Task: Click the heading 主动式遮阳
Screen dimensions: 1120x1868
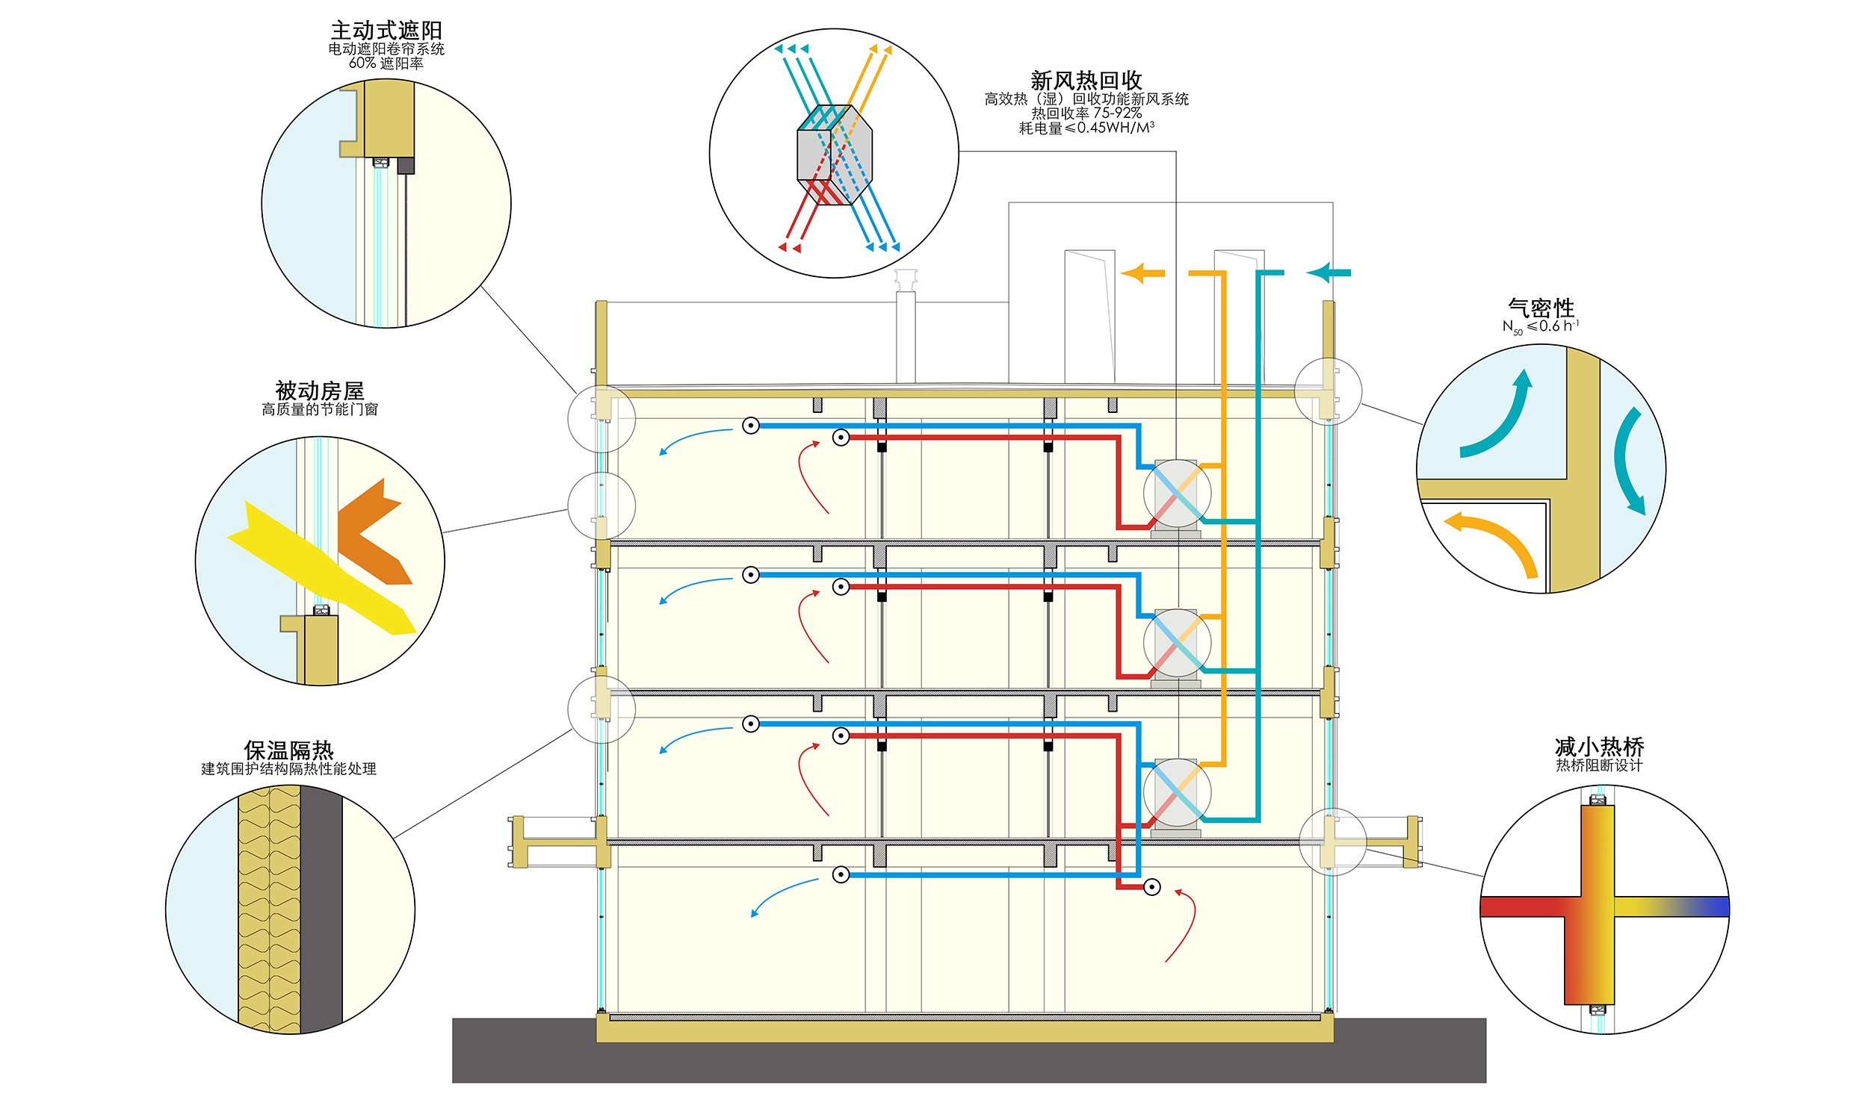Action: (x=386, y=30)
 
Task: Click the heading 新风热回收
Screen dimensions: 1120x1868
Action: (x=1086, y=80)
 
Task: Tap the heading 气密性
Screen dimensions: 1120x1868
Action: (x=1540, y=308)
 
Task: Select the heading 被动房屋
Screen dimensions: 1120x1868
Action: (x=319, y=391)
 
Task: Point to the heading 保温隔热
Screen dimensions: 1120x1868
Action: (x=288, y=750)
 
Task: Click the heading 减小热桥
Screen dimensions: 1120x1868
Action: (x=1598, y=747)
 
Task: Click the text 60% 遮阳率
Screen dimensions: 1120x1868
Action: (x=386, y=63)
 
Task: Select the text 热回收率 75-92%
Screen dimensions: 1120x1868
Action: (x=1086, y=113)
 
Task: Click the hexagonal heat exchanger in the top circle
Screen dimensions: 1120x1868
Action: (x=835, y=155)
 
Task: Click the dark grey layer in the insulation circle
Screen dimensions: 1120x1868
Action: (x=321, y=909)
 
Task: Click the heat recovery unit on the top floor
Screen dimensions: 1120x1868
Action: (x=1176, y=494)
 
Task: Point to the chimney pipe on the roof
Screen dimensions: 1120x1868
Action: (x=906, y=332)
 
